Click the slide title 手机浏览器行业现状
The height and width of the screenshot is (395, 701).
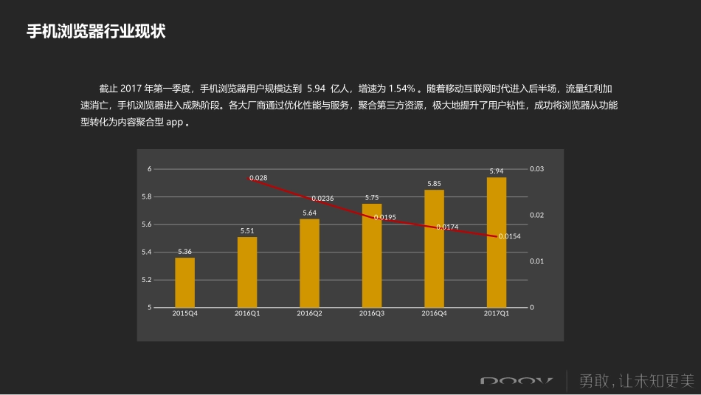pos(96,32)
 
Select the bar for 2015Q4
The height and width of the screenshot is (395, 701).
pos(184,282)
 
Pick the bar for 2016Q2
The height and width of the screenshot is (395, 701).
pos(309,263)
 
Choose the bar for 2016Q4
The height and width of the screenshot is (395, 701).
pos(434,248)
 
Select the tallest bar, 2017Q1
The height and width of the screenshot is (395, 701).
pos(497,242)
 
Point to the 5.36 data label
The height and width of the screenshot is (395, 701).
pos(184,252)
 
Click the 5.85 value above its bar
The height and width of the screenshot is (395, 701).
pos(434,184)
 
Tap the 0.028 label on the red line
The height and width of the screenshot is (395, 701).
pos(258,178)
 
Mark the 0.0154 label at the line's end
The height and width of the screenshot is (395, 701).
pos(510,236)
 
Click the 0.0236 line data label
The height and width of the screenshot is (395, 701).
pos(322,198)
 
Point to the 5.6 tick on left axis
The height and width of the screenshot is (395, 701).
pos(146,224)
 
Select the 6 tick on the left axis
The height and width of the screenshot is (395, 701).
pos(149,169)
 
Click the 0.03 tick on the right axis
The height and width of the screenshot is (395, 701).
pos(536,169)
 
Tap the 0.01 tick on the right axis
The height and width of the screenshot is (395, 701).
pos(536,261)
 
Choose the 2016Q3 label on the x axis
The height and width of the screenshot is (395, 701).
pos(372,314)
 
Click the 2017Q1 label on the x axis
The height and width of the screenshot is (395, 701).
pos(497,314)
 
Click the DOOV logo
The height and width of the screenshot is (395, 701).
pos(516,381)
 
